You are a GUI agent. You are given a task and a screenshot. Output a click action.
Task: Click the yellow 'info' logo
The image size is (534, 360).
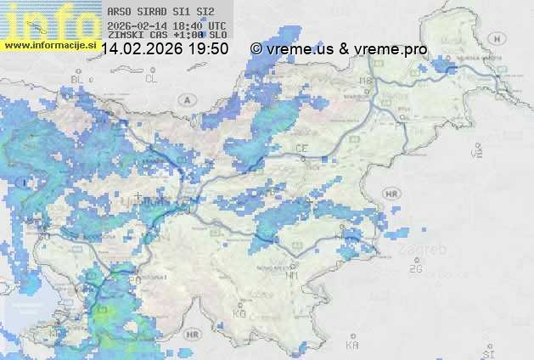[x=48, y=19]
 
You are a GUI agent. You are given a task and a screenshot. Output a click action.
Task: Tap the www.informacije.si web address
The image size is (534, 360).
[x=50, y=44]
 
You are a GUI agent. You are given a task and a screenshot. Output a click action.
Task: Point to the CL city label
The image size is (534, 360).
[x=151, y=79]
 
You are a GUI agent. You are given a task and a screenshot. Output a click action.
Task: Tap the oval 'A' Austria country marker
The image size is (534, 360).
[x=185, y=99]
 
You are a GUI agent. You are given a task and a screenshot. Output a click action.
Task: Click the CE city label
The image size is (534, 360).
[x=301, y=149]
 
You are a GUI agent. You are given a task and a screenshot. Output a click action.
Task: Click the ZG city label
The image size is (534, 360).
[x=415, y=269]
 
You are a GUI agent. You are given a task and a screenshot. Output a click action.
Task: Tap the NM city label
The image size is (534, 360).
[x=293, y=275]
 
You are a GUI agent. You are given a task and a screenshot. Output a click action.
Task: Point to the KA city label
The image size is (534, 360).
[x=353, y=345]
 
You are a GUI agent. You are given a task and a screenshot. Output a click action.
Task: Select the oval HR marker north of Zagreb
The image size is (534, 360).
[x=391, y=194]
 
